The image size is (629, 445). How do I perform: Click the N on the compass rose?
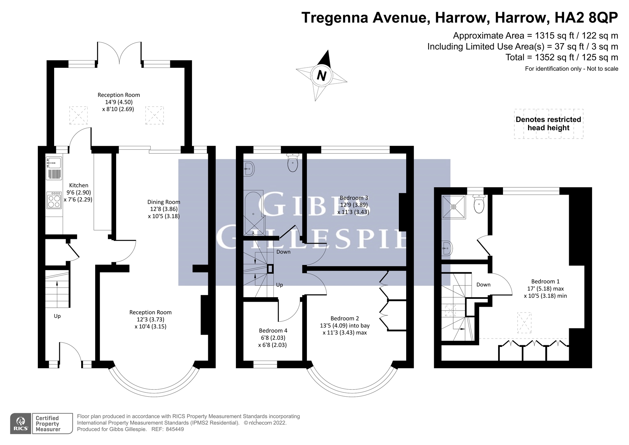point(322,76)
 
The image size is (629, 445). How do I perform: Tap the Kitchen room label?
point(79,185)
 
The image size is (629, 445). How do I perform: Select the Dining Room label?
point(164,202)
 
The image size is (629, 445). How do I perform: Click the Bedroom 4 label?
point(273,331)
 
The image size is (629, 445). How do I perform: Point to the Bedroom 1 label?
point(545,282)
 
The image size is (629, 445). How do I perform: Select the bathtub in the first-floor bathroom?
point(254,213)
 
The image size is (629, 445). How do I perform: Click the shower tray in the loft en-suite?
point(453,207)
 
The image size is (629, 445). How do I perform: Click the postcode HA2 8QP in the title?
point(586,18)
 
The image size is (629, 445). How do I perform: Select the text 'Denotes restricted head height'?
point(548,124)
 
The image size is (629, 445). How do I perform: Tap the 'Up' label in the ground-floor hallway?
point(57,316)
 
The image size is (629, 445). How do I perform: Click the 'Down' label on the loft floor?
point(483,285)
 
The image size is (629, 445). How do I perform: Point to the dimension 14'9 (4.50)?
point(119,102)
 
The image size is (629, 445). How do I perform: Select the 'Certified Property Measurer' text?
point(48,424)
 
